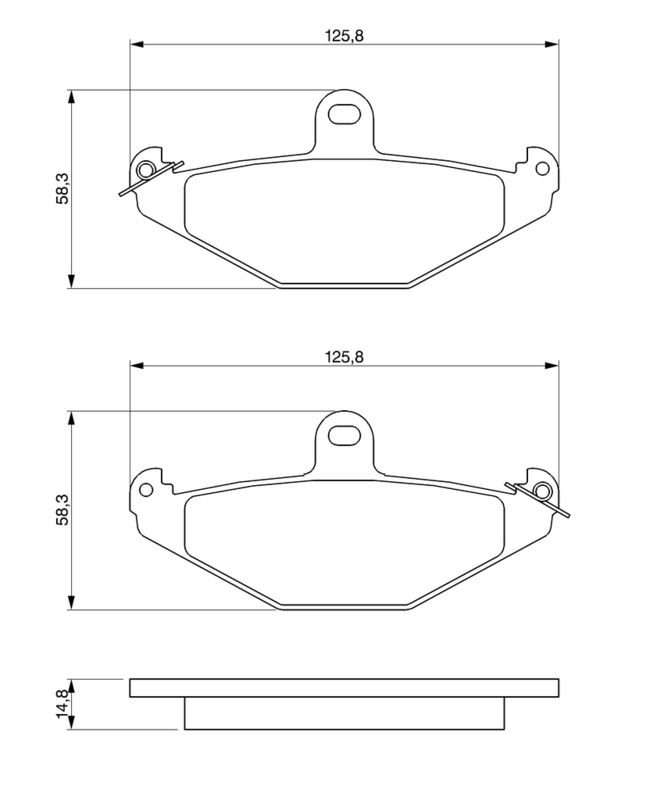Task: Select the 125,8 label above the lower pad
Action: [x=344, y=357]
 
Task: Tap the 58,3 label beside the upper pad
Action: [x=62, y=188]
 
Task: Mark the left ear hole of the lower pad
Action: [x=147, y=489]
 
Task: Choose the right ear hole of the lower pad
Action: [x=542, y=490]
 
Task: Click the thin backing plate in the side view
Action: [x=344, y=688]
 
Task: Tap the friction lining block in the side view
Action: [x=344, y=713]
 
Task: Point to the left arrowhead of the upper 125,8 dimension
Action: [x=137, y=44]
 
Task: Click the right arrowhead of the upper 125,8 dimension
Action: [x=551, y=44]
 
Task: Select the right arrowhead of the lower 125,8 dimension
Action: [x=551, y=367]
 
